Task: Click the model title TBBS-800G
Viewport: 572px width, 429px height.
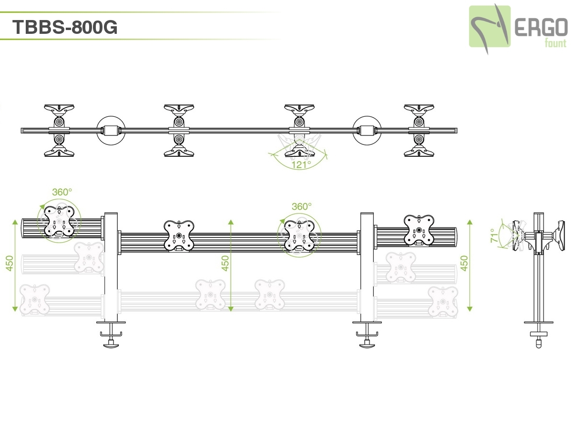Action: [x=65, y=27]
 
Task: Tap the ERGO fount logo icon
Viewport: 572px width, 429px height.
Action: [x=489, y=27]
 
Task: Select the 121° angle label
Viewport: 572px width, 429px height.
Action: [x=301, y=164]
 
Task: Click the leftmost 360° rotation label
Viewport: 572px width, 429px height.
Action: [x=62, y=192]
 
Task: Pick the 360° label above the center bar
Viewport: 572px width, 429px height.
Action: [x=301, y=206]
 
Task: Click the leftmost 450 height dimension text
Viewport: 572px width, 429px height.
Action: [x=10, y=263]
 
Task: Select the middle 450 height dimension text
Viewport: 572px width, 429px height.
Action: [x=225, y=263]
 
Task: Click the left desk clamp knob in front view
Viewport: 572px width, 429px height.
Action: [x=111, y=344]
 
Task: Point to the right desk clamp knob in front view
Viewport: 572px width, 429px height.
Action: [x=367, y=344]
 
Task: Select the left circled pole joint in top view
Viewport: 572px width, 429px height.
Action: [x=111, y=130]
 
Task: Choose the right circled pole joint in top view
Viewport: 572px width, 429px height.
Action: [x=367, y=130]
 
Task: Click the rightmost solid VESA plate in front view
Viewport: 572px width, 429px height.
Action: [x=419, y=230]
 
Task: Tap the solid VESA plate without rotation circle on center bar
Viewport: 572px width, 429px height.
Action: [x=179, y=235]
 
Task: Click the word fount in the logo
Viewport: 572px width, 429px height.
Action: [x=555, y=44]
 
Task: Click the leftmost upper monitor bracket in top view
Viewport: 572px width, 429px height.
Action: [x=59, y=109]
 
